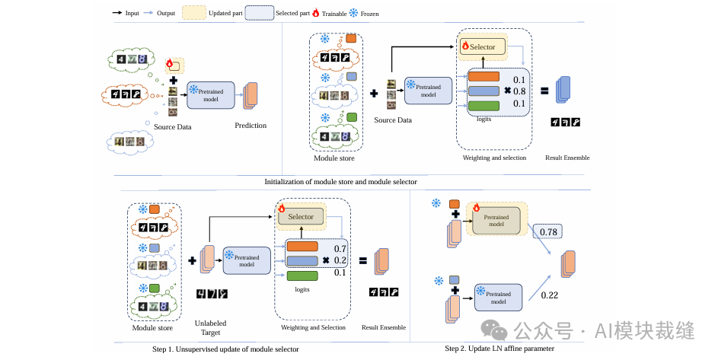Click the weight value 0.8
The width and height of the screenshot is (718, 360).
click(x=520, y=91)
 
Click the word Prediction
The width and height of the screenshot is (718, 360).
click(x=251, y=126)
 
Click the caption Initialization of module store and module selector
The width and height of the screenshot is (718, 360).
click(x=340, y=181)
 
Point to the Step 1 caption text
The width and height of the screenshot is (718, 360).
click(x=225, y=349)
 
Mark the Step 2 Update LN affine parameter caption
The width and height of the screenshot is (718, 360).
click(x=499, y=349)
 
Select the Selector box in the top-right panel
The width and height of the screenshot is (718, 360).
click(x=481, y=46)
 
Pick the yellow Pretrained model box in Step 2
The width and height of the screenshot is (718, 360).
click(x=496, y=220)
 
